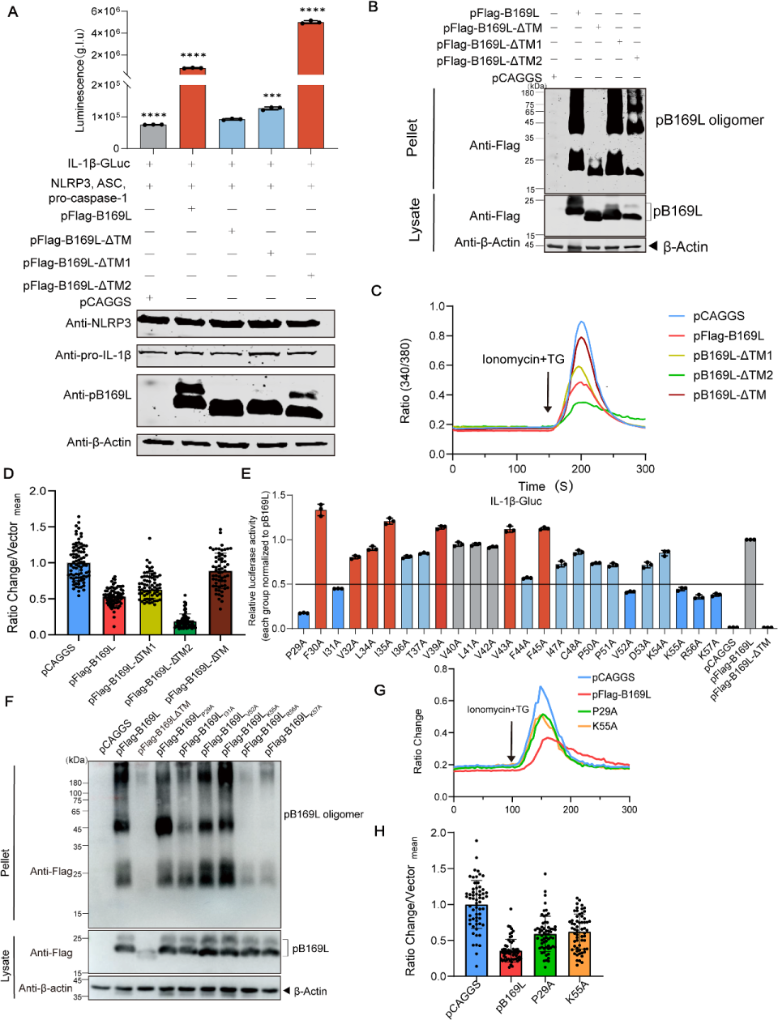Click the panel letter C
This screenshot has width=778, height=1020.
[376, 290]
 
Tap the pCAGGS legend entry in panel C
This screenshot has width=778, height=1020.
[718, 316]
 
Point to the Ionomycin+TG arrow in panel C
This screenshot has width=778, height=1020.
[547, 393]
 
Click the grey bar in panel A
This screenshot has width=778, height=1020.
[153, 136]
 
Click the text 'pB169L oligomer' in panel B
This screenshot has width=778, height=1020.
[709, 120]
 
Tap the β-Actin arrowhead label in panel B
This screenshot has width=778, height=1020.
[679, 246]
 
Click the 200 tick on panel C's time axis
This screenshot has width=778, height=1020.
[581, 469]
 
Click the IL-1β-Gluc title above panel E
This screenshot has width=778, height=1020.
[515, 501]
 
